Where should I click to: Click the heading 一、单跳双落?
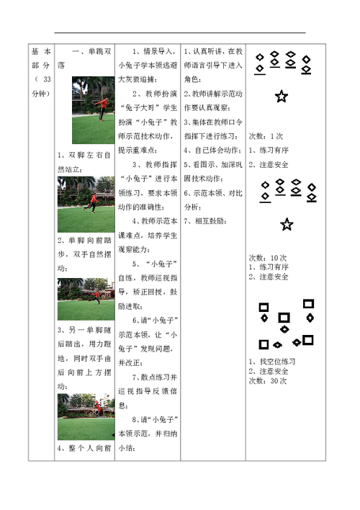(x=84, y=58)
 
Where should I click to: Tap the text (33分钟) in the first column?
(x=41, y=86)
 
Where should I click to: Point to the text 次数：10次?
(x=268, y=258)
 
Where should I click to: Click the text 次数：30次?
(x=268, y=381)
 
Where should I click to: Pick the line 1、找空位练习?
(x=272, y=362)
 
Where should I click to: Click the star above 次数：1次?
(x=282, y=97)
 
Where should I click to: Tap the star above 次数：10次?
(x=287, y=225)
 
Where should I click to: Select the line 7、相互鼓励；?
(x=205, y=221)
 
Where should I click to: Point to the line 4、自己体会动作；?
(x=213, y=151)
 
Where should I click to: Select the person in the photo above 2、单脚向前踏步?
(x=91, y=202)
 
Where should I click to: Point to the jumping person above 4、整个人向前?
(x=98, y=406)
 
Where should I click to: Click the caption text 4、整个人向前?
(x=84, y=448)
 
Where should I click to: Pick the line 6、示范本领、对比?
(x=213, y=193)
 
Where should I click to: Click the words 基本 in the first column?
(x=41, y=51)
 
